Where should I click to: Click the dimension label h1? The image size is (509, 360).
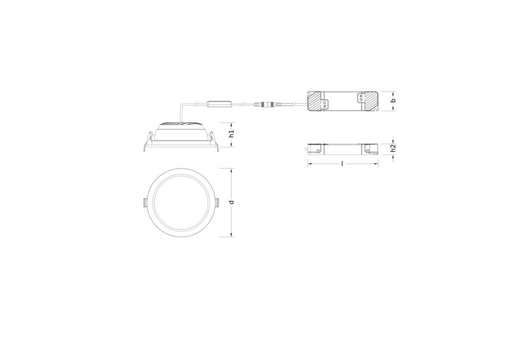[x=232, y=134]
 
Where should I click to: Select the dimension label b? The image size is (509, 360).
[x=393, y=100]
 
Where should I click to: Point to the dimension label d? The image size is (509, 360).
[x=232, y=202]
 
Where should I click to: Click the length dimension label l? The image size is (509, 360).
[x=342, y=163]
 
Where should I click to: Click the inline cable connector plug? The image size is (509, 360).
[x=265, y=105]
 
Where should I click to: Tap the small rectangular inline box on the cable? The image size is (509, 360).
[x=220, y=104]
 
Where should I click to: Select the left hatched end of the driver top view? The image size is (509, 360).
[x=316, y=101]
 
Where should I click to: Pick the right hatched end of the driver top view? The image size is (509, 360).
[x=370, y=101]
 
